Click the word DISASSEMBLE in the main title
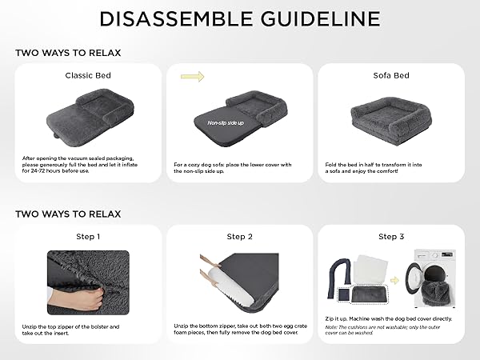(x=176, y=18)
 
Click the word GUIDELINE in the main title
(x=321, y=18)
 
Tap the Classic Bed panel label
(x=88, y=75)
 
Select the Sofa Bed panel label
(x=391, y=75)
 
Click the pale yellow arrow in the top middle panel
(x=192, y=77)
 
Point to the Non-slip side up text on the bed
(x=226, y=122)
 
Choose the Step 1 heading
(x=88, y=237)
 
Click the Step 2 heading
(x=240, y=237)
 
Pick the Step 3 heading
(x=391, y=237)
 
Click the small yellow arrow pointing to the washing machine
(x=394, y=280)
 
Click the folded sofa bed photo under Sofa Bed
(x=391, y=121)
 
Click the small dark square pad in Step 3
(x=343, y=294)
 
